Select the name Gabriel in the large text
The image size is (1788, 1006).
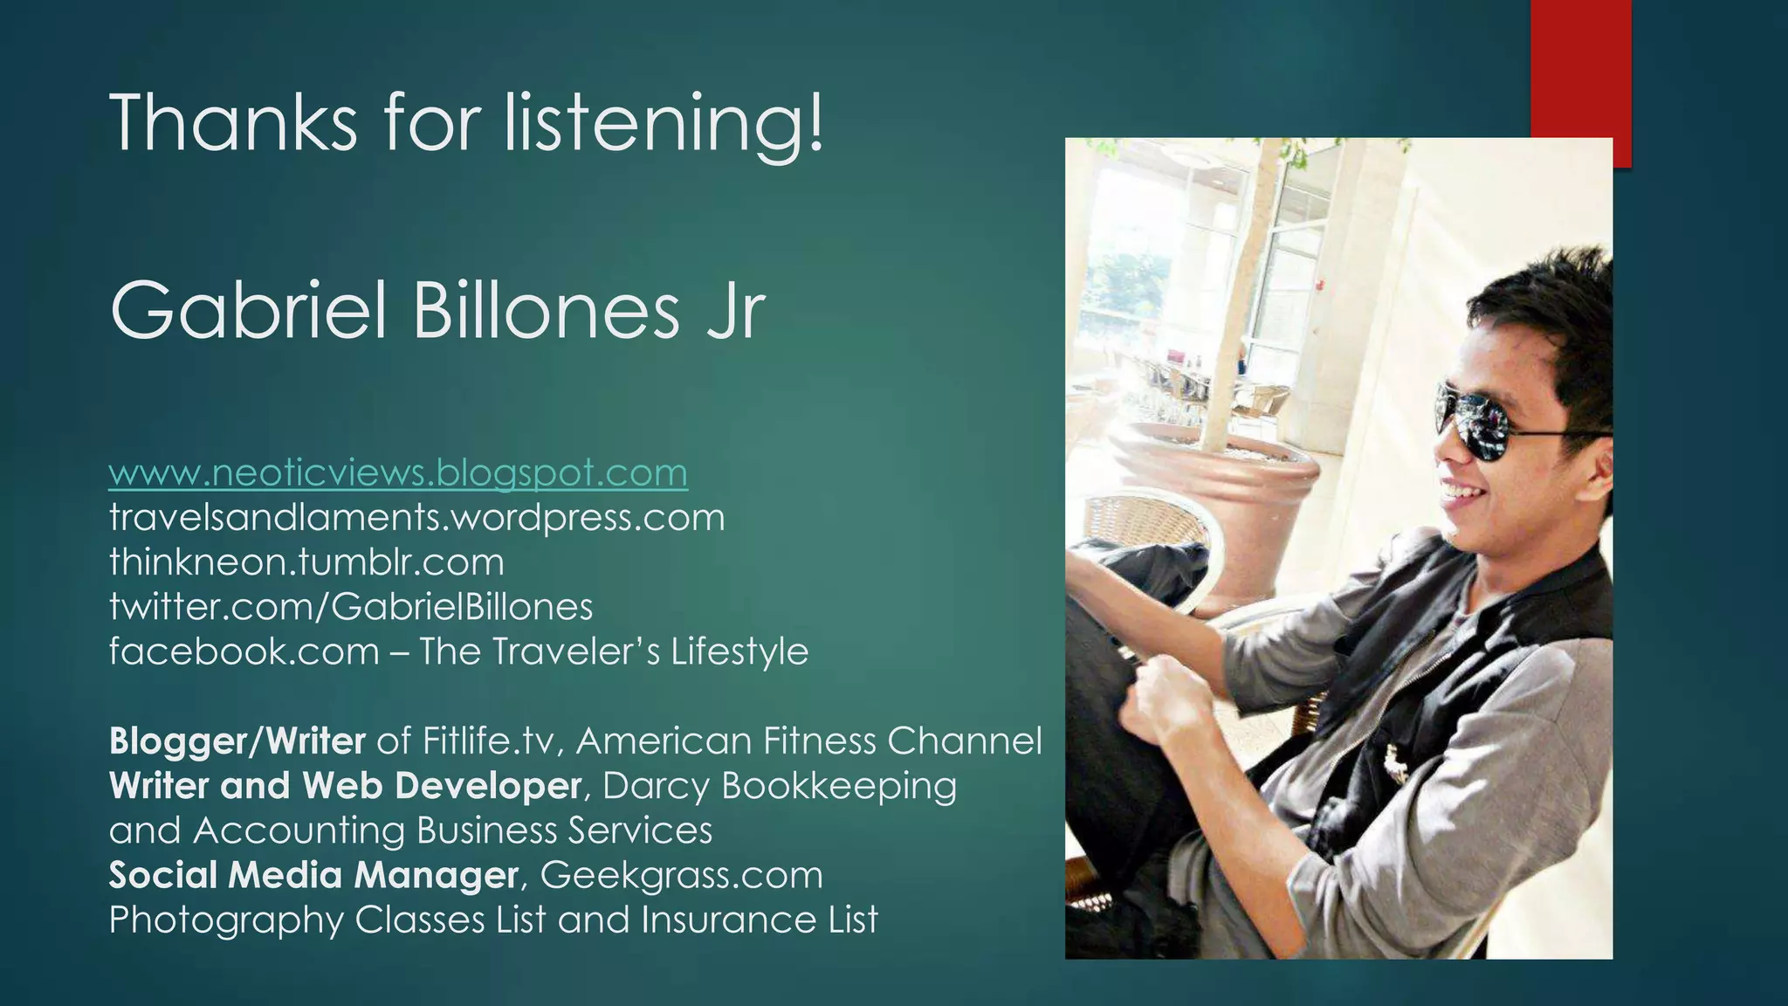(x=249, y=312)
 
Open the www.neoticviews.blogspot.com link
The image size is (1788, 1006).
(x=398, y=473)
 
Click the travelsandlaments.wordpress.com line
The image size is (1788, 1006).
(x=416, y=518)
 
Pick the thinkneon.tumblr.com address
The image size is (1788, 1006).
(x=306, y=562)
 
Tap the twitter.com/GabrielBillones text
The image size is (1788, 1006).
(x=351, y=607)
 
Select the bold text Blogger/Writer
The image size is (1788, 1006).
(x=237, y=741)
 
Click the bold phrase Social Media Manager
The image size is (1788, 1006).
(x=313, y=875)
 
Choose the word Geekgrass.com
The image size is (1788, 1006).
(x=681, y=875)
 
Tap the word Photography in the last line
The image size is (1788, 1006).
(x=226, y=920)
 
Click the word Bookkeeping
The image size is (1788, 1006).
(x=838, y=786)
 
